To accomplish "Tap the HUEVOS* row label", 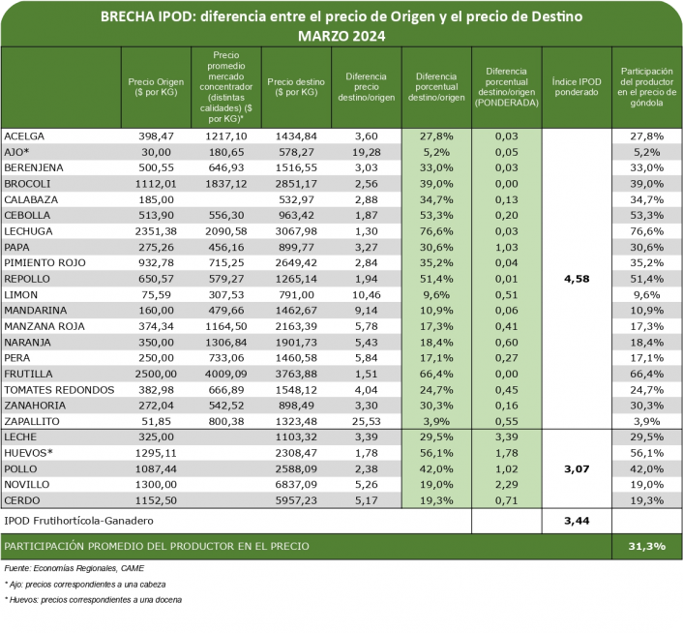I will (x=28, y=452).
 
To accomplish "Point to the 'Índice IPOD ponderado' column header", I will (x=576, y=87).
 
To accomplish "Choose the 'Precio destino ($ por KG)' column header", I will (x=295, y=87).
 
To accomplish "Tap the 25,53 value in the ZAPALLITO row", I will (x=358, y=422).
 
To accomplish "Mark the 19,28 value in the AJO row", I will (x=358, y=152).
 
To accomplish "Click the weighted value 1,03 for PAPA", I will (x=506, y=247).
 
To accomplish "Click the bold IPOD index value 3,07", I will (x=576, y=467).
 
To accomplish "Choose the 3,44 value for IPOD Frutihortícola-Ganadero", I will (x=576, y=522).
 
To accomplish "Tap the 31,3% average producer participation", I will (x=644, y=547).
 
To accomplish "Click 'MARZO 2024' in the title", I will (x=341, y=36).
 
